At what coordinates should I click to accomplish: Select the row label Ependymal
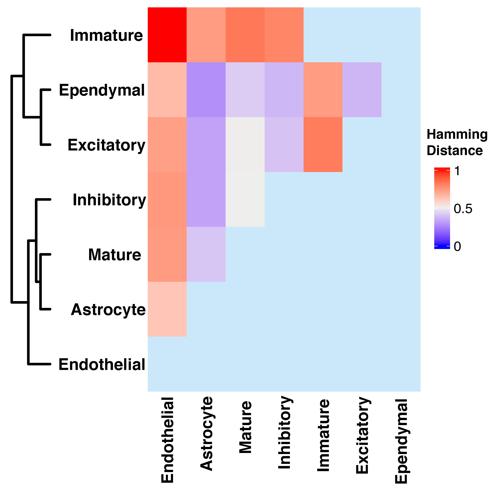point(102,90)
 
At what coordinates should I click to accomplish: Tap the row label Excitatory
point(106,145)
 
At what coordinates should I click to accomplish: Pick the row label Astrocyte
point(108,310)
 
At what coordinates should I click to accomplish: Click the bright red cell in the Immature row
point(167,35)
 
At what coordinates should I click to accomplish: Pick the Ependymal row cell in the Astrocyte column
point(206,90)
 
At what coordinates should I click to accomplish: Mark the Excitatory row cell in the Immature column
point(323,145)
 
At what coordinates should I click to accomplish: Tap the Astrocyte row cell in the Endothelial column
point(167,309)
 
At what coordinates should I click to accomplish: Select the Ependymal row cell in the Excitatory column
point(362,90)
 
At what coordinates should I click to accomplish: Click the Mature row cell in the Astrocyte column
point(206,254)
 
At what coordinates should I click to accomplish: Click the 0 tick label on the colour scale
point(457,247)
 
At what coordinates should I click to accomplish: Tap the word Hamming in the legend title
point(457,134)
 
